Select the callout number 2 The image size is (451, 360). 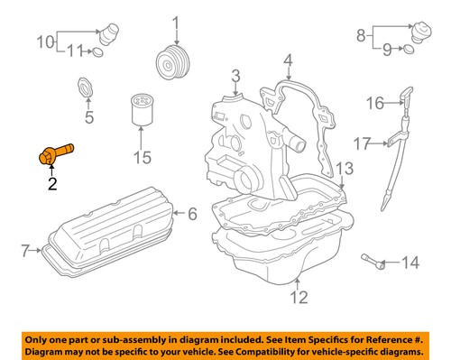(51, 185)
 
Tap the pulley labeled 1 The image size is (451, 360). (170, 64)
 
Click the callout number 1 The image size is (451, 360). (176, 22)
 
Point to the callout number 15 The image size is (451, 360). (141, 159)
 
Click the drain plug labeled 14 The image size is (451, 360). (374, 263)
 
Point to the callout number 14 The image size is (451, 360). (410, 263)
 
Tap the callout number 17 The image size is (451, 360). (361, 143)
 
